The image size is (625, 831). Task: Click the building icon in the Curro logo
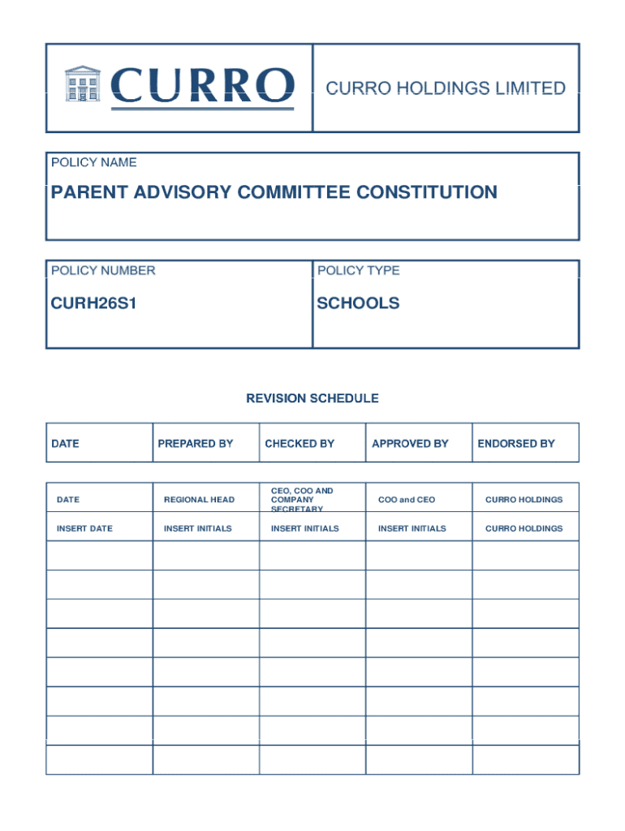click(x=82, y=84)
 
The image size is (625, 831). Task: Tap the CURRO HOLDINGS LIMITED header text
click(x=446, y=88)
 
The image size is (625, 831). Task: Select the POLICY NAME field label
click(x=94, y=162)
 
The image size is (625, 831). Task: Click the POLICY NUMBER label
click(x=103, y=270)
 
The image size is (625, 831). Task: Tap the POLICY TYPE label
click(x=358, y=270)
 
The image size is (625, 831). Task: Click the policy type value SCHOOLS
click(x=358, y=304)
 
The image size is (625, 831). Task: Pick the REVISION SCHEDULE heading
click(x=312, y=398)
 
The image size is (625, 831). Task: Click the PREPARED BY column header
click(x=196, y=444)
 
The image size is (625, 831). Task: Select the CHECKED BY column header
click(x=300, y=444)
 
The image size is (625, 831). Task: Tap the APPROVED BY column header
click(x=410, y=444)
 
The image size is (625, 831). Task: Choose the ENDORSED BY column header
click(x=516, y=444)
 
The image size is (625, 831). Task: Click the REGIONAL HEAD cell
click(x=199, y=500)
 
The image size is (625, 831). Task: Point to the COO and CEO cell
click(x=407, y=500)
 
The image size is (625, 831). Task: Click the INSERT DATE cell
click(x=84, y=528)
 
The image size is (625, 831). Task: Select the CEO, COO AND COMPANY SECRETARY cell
click(x=302, y=500)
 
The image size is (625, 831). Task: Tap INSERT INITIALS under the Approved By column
click(x=412, y=528)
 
